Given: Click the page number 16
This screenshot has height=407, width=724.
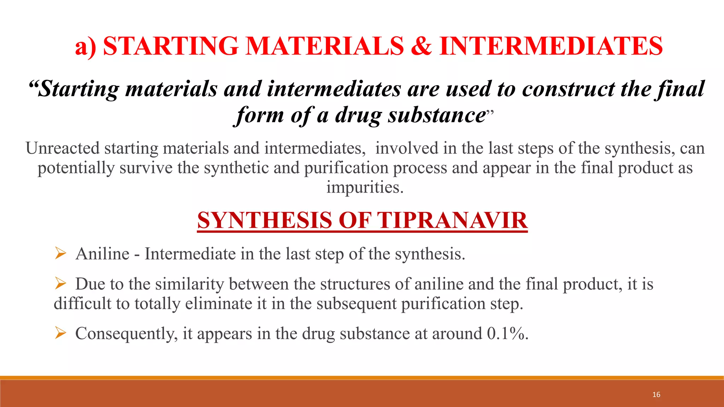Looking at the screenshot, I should coord(656,395).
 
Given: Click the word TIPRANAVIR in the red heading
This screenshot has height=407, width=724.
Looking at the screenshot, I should coord(453,220).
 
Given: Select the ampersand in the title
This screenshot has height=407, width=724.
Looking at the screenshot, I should coord(421,46).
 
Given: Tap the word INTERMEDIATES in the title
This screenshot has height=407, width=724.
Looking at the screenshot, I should coord(551,46).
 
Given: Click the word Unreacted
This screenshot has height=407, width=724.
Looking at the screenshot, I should coord(62,148).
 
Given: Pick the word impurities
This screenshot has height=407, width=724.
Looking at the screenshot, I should coord(364,187).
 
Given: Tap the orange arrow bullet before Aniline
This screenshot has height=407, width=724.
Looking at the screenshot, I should coord(60,253).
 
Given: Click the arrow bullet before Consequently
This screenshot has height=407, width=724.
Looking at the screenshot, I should coord(60,333).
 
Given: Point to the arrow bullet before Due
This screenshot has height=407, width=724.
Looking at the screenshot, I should coord(60,283).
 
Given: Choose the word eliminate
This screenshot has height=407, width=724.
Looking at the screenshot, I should coord(218,304).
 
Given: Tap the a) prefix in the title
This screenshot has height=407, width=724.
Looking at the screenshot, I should coord(86,46).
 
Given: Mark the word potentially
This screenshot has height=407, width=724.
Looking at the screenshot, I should coord(76,168).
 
